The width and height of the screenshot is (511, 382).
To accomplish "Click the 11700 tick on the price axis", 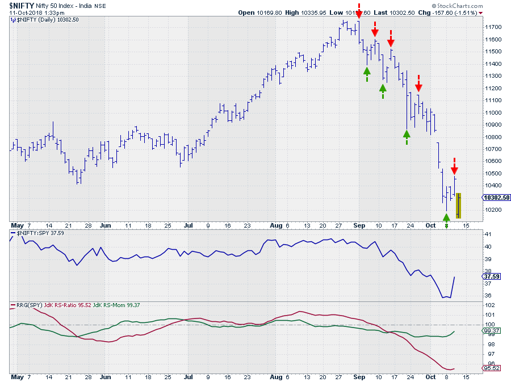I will tap(492, 27).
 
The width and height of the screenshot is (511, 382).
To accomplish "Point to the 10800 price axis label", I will tap(492, 137).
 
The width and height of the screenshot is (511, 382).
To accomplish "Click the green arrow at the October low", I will tap(447, 218).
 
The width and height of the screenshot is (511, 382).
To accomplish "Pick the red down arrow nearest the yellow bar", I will tap(454, 169).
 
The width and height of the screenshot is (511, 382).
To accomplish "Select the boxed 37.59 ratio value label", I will tap(489, 277).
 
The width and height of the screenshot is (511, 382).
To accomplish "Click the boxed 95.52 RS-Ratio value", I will tap(490, 368).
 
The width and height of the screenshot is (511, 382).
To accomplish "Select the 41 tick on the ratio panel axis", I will tap(487, 234).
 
